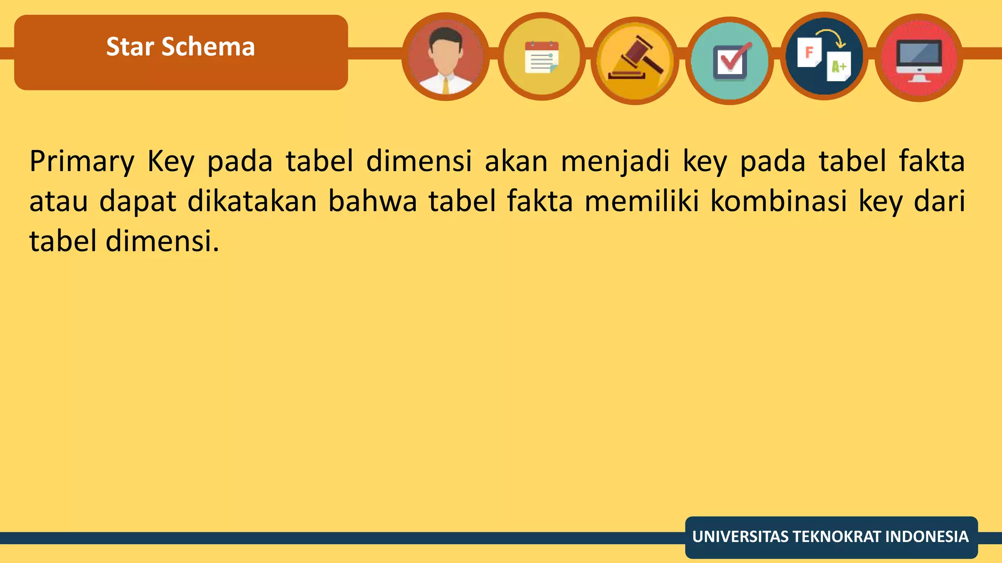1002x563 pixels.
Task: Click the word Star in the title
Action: tap(130, 47)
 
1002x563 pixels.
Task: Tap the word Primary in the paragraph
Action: tap(82, 162)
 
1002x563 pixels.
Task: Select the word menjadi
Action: tap(615, 162)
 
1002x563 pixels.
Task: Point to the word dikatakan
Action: tap(252, 201)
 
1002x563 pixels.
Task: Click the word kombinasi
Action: tap(778, 201)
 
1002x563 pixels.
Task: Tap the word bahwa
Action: tap(372, 201)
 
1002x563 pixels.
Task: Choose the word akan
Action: tap(516, 162)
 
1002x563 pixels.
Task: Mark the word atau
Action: tap(59, 201)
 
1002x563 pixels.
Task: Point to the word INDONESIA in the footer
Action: tap(927, 537)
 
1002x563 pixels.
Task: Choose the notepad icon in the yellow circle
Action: tap(542, 58)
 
